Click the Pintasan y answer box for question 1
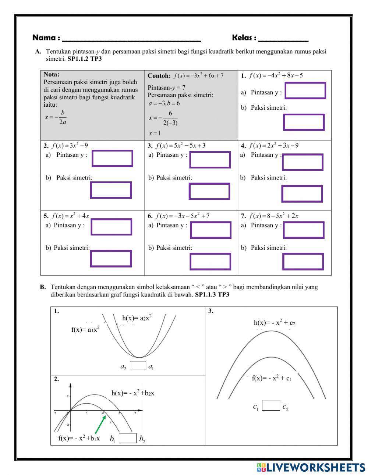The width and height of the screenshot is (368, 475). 305,91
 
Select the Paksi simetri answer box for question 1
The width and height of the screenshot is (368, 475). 304,122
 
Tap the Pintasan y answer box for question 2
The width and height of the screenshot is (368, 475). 112,158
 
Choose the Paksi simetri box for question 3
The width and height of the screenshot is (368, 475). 209,191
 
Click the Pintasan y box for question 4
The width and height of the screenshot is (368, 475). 302,162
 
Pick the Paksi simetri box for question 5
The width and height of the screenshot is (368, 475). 111,259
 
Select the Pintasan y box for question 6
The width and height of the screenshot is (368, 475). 210,230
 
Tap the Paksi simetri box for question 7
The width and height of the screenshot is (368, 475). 303,262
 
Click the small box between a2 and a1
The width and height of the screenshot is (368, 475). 138,366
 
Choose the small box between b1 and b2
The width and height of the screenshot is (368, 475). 128,438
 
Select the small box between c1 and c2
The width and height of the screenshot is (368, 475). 271,406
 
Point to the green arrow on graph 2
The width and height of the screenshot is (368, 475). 100,424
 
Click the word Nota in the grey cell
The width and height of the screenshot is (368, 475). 51,74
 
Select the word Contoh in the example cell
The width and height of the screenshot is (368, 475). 159,76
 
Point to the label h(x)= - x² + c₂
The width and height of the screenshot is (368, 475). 275,323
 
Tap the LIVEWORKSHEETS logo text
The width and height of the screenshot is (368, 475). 315,467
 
